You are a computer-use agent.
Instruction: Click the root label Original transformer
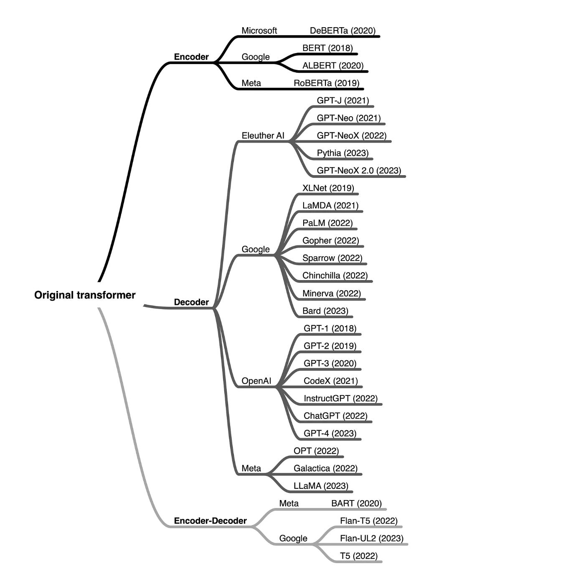(85, 295)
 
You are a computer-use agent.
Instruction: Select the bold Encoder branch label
(191, 57)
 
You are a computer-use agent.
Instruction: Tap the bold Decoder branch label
(191, 302)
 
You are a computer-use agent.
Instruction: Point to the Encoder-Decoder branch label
(210, 521)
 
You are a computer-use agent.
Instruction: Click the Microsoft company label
(259, 31)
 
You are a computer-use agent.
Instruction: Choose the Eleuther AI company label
(263, 135)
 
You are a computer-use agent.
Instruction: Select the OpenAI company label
(256, 381)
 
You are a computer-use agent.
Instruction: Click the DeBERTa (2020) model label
(342, 31)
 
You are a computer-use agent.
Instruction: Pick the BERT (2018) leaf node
(327, 48)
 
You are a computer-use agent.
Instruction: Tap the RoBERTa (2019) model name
(326, 83)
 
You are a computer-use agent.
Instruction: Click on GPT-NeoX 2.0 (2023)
(359, 171)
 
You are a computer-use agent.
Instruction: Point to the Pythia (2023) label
(342, 153)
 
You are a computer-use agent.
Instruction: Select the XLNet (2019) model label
(328, 188)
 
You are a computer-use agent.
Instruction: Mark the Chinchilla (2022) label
(335, 276)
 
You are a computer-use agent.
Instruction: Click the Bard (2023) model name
(325, 311)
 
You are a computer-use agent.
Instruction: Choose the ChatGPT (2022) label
(335, 416)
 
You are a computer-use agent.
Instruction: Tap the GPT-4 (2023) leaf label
(330, 434)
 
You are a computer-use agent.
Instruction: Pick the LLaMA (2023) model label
(321, 486)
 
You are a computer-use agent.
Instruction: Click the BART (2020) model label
(356, 503)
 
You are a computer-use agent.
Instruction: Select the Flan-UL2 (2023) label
(372, 539)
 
